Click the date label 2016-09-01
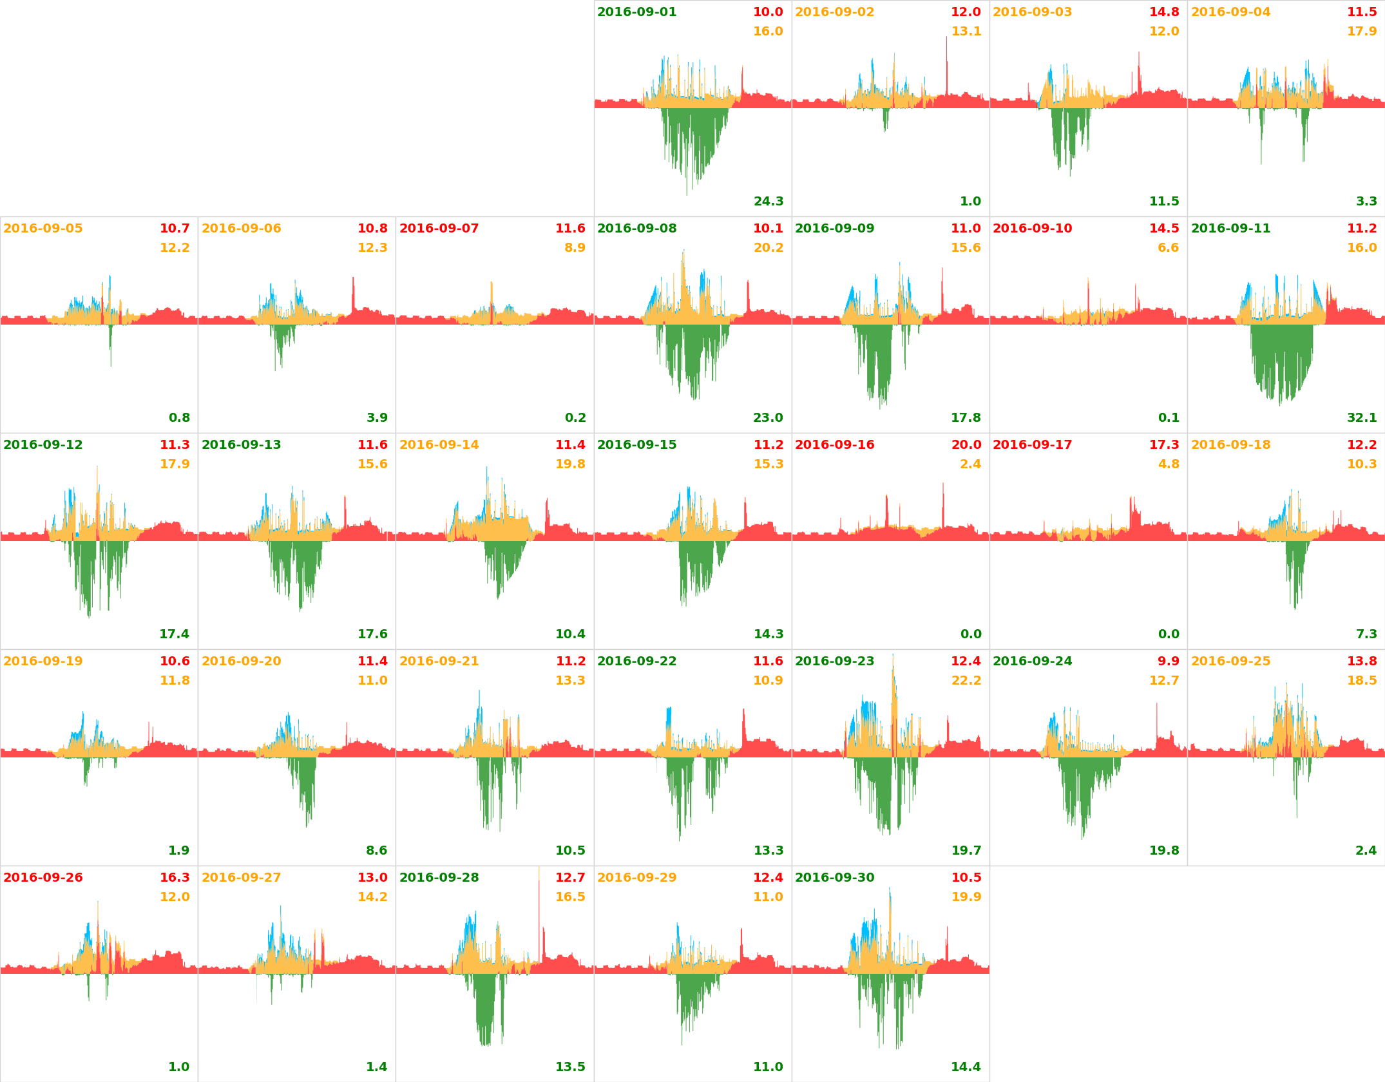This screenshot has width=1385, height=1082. [636, 12]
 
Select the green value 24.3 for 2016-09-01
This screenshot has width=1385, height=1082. [769, 202]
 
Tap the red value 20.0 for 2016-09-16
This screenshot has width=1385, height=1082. [966, 445]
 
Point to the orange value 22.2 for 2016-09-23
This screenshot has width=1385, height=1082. [966, 681]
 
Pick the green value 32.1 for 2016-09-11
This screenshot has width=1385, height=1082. [1362, 418]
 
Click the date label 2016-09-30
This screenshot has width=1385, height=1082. [834, 878]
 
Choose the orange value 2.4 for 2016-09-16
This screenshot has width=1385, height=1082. [970, 464]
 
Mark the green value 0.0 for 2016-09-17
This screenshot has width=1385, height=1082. [1169, 634]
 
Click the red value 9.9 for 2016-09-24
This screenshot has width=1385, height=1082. [1169, 661]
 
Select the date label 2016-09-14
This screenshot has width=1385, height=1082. [439, 445]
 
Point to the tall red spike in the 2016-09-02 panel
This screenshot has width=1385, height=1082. [946, 64]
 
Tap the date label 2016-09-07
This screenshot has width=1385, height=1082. [439, 229]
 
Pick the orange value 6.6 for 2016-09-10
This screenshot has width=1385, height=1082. [1168, 248]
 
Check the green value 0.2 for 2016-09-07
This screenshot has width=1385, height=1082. [575, 418]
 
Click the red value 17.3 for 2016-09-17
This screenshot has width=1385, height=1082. [1164, 445]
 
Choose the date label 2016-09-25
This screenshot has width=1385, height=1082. [1230, 661]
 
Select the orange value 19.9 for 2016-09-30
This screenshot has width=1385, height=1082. [966, 897]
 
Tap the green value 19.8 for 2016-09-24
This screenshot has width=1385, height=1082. [1164, 851]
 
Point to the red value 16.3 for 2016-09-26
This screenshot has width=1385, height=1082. [175, 878]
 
